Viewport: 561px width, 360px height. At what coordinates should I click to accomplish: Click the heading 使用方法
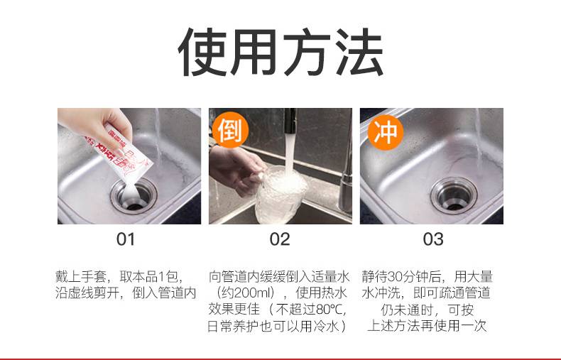pyautogui.click(x=281, y=53)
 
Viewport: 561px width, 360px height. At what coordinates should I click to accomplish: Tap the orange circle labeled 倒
pyautogui.click(x=230, y=131)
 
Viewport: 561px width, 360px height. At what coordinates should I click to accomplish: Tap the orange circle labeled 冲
pyautogui.click(x=386, y=132)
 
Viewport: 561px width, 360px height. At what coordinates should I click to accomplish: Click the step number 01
pyautogui.click(x=126, y=239)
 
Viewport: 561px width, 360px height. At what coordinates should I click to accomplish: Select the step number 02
pyautogui.click(x=279, y=239)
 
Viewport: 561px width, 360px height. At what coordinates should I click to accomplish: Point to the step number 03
pyautogui.click(x=433, y=239)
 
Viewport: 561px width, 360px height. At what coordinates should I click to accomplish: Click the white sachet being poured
pyautogui.click(x=120, y=154)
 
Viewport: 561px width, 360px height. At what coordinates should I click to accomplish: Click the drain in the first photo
pyautogui.click(x=134, y=196)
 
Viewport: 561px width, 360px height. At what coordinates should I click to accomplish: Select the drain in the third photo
pyautogui.click(x=454, y=195)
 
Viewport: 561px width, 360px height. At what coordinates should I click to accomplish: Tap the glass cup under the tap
pyautogui.click(x=281, y=195)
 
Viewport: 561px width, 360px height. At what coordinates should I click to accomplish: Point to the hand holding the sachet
pyautogui.click(x=97, y=125)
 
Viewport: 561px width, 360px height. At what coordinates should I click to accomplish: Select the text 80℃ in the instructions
pyautogui.click(x=329, y=309)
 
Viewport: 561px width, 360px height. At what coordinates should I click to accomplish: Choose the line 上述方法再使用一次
pyautogui.click(x=427, y=326)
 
